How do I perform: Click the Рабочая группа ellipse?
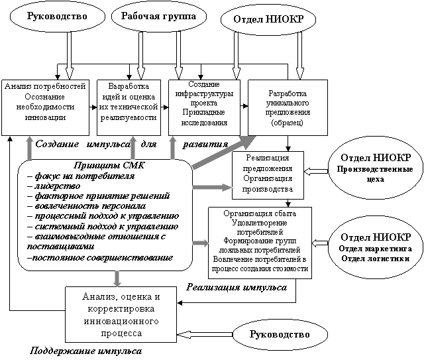[159, 16]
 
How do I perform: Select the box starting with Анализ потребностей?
[46, 107]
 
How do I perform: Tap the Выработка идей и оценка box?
[129, 107]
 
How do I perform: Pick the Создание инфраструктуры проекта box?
[204, 107]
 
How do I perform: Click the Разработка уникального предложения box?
[288, 107]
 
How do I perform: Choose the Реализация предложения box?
[268, 175]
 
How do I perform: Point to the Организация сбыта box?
[260, 243]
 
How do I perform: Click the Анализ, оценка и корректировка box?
[121, 314]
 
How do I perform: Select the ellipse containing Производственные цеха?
[376, 170]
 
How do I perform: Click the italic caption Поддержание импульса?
[85, 351]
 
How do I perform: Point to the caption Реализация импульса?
[237, 287]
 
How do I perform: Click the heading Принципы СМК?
[109, 165]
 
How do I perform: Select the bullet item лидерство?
[54, 186]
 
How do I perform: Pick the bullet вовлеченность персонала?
[87, 206]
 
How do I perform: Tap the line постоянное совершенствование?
[100, 257]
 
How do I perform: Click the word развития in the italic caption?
[205, 145]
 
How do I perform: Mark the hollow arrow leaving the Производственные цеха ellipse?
[316, 171]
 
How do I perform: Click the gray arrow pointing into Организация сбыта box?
[200, 243]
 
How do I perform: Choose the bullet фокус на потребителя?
[81, 176]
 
